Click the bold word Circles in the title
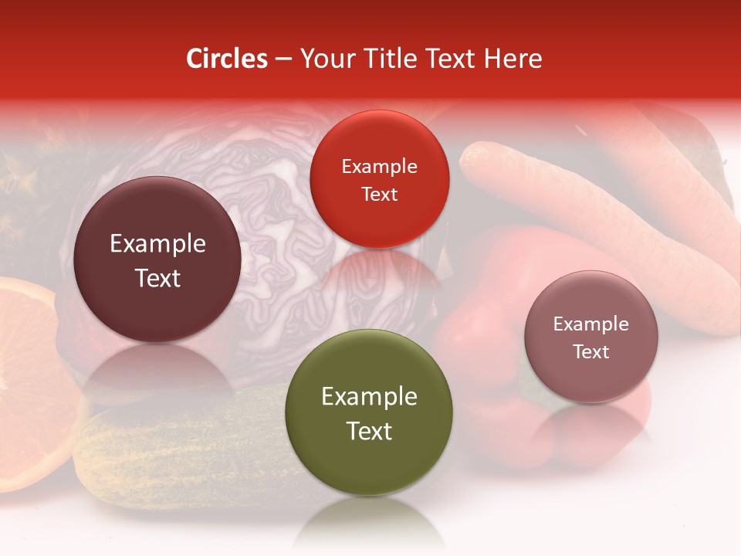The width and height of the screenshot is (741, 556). [227, 59]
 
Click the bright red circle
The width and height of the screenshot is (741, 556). [379, 179]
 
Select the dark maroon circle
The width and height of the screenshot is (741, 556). [157, 259]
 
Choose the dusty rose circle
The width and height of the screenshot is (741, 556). [591, 337]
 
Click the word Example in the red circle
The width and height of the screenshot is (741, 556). [379, 166]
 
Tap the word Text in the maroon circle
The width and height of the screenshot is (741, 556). [157, 278]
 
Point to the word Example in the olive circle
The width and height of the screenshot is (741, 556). [369, 397]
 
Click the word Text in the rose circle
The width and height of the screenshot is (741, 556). [591, 352]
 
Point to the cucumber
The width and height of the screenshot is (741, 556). [178, 456]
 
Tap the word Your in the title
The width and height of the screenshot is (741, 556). [324, 59]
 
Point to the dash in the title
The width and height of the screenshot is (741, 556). [283, 59]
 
